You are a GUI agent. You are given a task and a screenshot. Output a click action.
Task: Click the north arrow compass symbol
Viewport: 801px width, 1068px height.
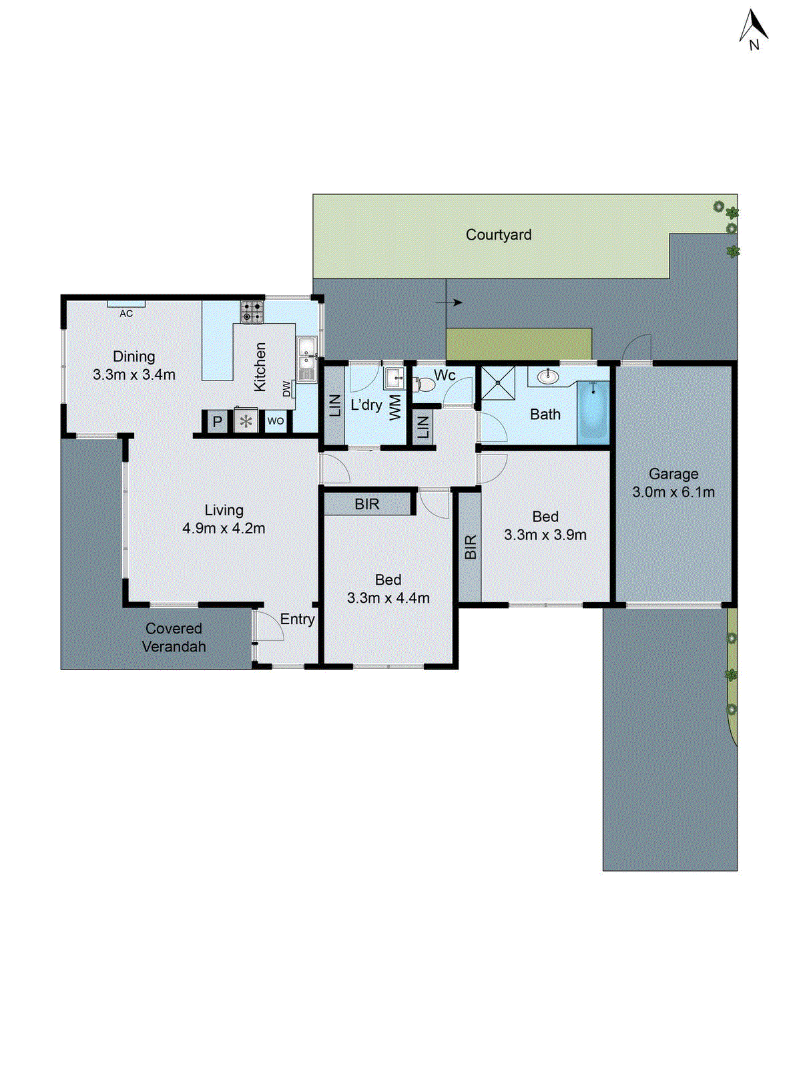(x=754, y=30)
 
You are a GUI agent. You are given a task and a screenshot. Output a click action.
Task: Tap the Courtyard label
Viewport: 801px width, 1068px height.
(x=499, y=235)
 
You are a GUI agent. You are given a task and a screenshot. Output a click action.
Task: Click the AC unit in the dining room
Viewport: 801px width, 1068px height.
(x=126, y=304)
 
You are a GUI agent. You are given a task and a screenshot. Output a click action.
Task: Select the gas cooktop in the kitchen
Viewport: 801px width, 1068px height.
(x=252, y=312)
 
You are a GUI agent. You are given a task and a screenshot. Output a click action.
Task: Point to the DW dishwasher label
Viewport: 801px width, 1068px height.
(x=287, y=388)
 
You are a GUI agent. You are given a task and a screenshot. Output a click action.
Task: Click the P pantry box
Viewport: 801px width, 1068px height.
(x=217, y=422)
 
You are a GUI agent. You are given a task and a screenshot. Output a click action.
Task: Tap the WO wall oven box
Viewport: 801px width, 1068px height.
(x=275, y=421)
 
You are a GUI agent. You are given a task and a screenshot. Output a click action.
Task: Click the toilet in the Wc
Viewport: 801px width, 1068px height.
(x=425, y=384)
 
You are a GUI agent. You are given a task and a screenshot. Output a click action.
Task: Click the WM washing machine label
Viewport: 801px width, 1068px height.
(x=395, y=407)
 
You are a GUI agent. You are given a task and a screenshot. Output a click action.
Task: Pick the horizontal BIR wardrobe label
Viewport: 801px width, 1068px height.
(x=367, y=505)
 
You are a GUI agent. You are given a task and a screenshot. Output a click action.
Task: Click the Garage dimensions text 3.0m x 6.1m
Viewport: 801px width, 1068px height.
(x=674, y=493)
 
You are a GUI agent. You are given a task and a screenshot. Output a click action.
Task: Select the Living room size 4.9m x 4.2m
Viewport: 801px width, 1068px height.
(x=224, y=529)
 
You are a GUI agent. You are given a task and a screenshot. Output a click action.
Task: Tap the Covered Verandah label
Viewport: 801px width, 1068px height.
(x=174, y=637)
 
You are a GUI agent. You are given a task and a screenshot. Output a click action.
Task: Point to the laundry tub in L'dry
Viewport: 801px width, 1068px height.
(x=394, y=378)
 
